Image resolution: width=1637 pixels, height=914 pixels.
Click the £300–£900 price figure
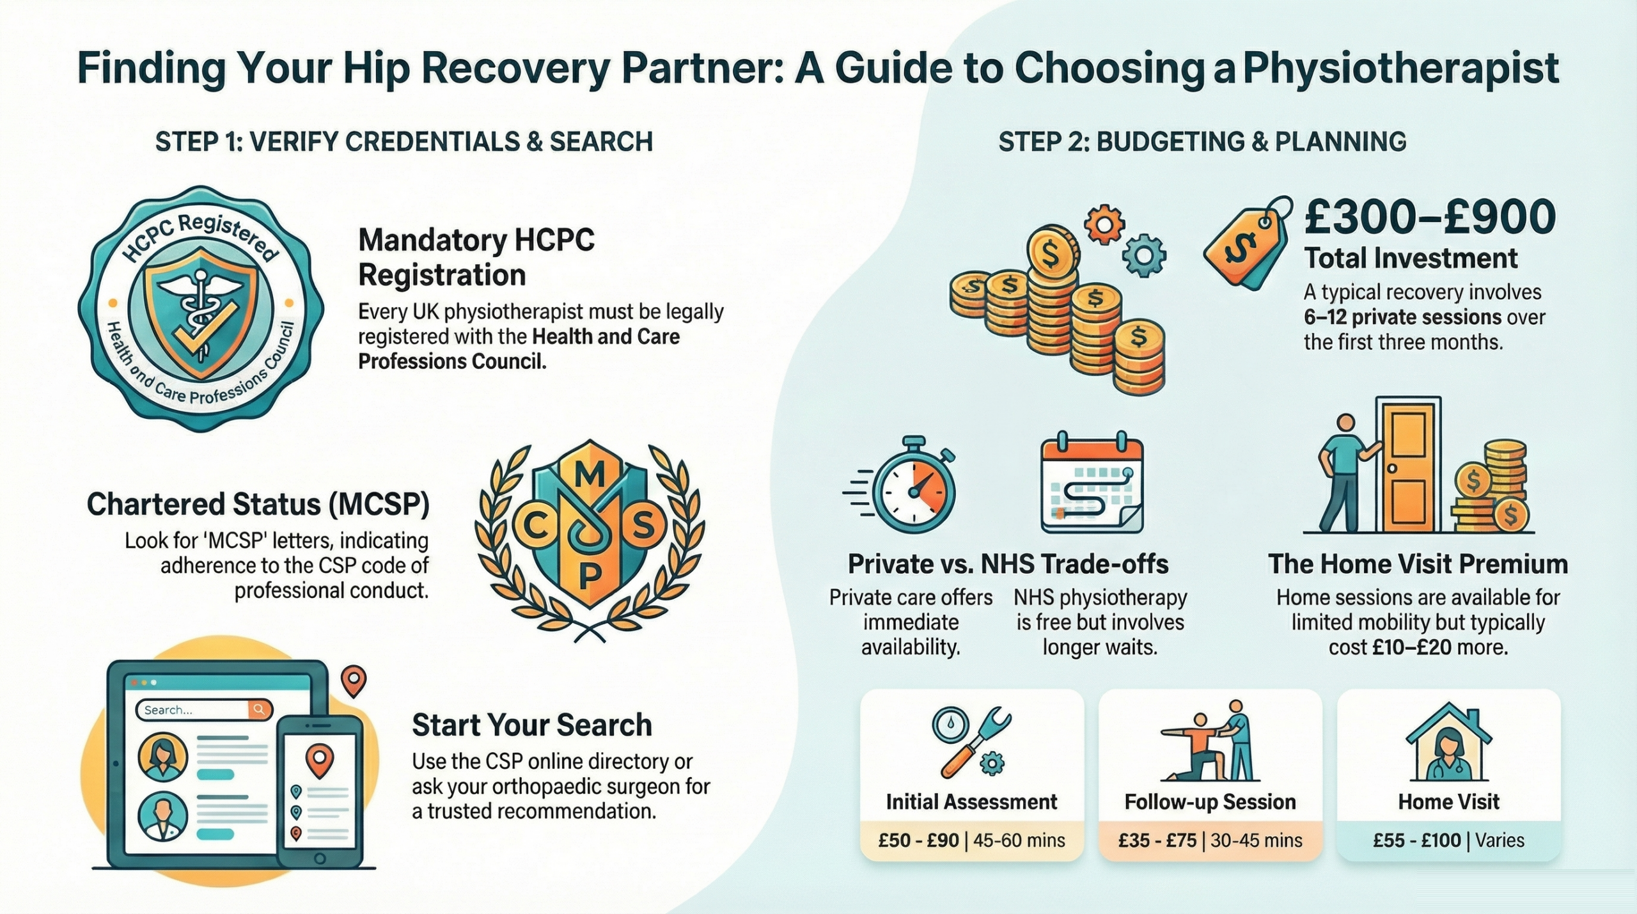coord(1430,217)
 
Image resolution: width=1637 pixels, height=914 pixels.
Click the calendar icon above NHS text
coord(1092,486)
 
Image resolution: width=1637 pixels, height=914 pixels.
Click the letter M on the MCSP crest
coord(589,475)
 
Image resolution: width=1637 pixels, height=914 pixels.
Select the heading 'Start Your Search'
coord(531,725)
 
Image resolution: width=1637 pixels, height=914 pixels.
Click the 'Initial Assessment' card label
coord(971,802)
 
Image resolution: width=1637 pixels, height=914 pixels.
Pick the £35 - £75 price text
coord(1157,840)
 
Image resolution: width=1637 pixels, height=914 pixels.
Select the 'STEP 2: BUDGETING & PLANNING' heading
coord(1202,142)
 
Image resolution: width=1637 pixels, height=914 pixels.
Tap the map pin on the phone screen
coord(320,759)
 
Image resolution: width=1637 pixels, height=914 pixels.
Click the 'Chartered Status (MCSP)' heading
coord(258,505)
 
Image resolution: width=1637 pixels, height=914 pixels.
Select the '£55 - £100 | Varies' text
coord(1448,840)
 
